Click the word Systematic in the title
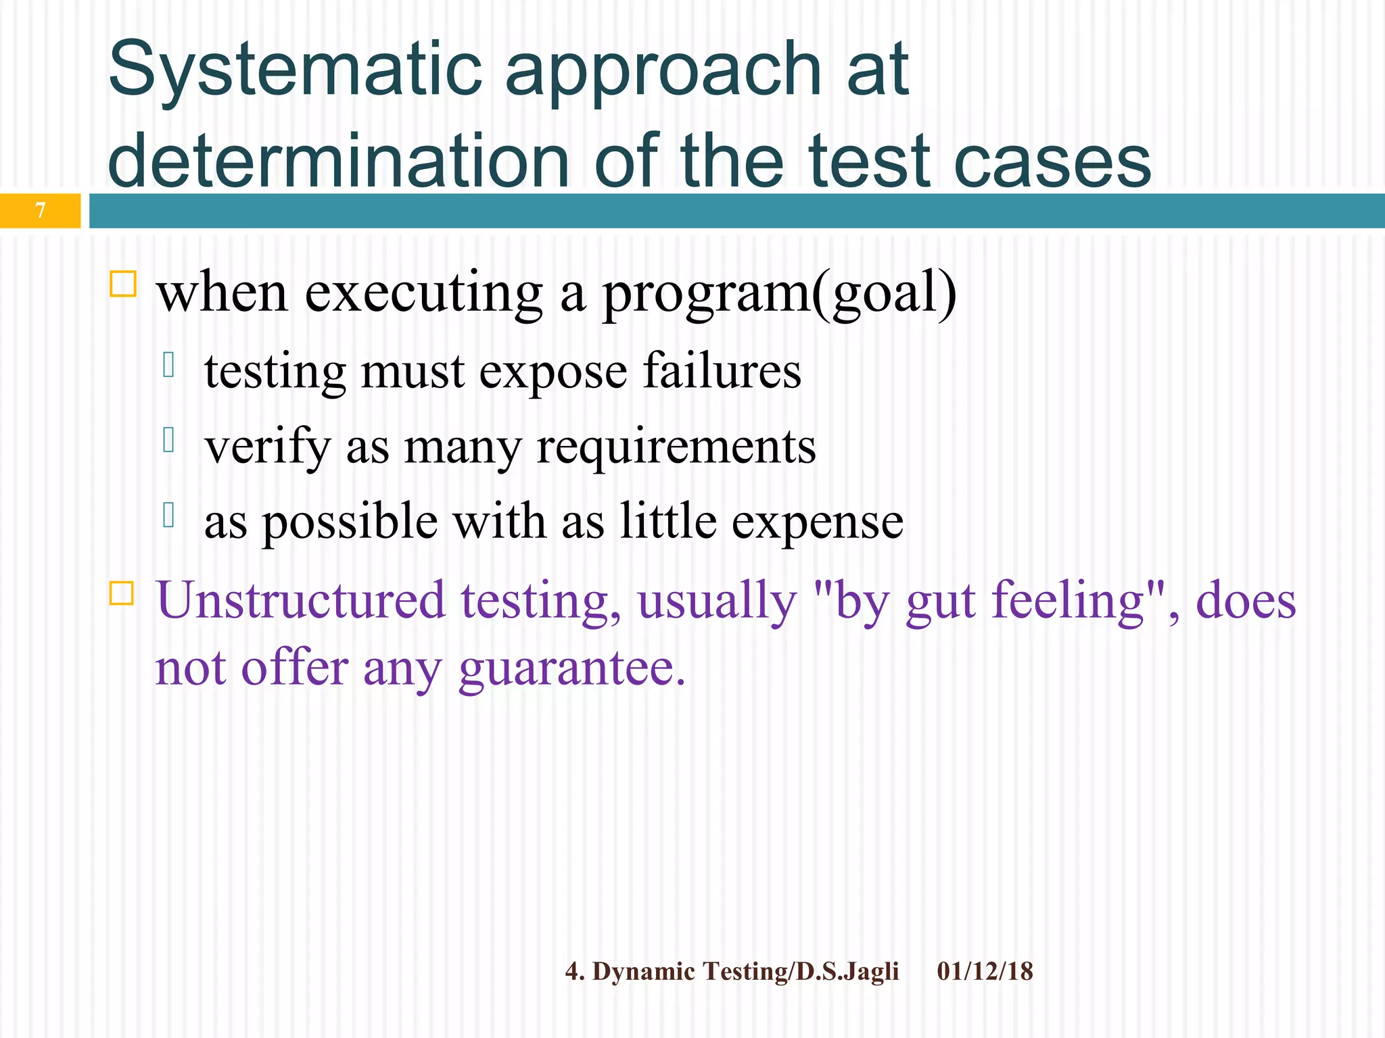coord(295,70)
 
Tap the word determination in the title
coord(338,161)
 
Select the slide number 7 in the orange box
coord(41,211)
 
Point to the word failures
coord(722,372)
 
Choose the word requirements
coord(676,447)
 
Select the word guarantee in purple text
coord(571,669)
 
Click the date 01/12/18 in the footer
coord(985,972)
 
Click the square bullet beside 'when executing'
coord(123,284)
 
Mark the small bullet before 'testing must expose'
coord(169,366)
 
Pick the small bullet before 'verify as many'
coord(169,440)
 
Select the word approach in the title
coord(663,70)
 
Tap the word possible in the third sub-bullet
coord(350,522)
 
